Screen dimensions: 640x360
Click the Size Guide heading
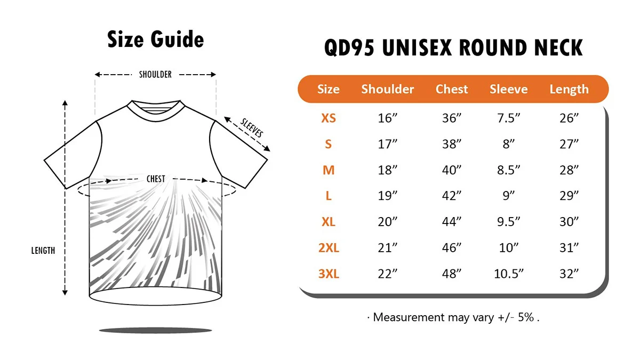click(x=155, y=39)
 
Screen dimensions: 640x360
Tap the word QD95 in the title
click(x=349, y=47)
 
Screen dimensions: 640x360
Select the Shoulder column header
click(x=387, y=89)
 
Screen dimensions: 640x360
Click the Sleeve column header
click(x=509, y=89)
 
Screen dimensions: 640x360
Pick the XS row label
click(x=329, y=118)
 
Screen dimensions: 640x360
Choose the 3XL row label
click(x=329, y=274)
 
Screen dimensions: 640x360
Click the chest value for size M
click(x=451, y=170)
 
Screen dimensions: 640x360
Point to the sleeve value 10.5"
click(x=509, y=274)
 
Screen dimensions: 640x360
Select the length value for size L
click(x=569, y=196)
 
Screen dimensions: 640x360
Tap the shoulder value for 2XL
click(x=387, y=247)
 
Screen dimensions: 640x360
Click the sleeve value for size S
click(x=509, y=144)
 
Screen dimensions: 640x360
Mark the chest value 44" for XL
click(x=451, y=222)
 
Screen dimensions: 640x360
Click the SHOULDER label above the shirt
click(x=155, y=75)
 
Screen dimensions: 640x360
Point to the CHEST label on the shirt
click(x=156, y=179)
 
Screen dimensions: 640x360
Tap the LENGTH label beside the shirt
click(x=43, y=251)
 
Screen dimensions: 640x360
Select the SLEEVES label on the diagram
click(x=251, y=127)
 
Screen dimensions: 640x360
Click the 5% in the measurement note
click(x=526, y=317)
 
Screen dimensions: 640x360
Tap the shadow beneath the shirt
click(x=155, y=330)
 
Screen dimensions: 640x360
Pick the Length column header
click(x=569, y=90)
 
